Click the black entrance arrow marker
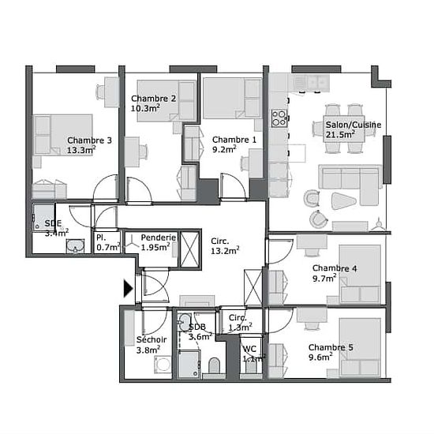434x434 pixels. [128, 288]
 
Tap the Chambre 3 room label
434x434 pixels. [89, 140]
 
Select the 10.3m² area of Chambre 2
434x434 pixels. [145, 108]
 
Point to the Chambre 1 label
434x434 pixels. [234, 140]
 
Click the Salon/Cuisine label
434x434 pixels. [354, 125]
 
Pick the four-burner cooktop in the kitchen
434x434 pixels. [279, 118]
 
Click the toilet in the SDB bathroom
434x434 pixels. [214, 365]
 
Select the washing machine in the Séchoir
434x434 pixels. [163, 365]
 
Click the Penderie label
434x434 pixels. [159, 238]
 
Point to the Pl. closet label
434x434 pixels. [101, 238]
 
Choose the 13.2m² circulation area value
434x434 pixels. [225, 251]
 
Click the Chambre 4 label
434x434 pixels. [335, 268]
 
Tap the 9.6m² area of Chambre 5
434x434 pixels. [320, 357]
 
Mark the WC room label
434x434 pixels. [249, 349]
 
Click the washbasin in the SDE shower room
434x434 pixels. [75, 245]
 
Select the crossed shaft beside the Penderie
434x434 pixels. [190, 249]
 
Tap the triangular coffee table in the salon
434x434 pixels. [343, 200]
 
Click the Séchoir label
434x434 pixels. [152, 339]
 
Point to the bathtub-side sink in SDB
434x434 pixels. [185, 323]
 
